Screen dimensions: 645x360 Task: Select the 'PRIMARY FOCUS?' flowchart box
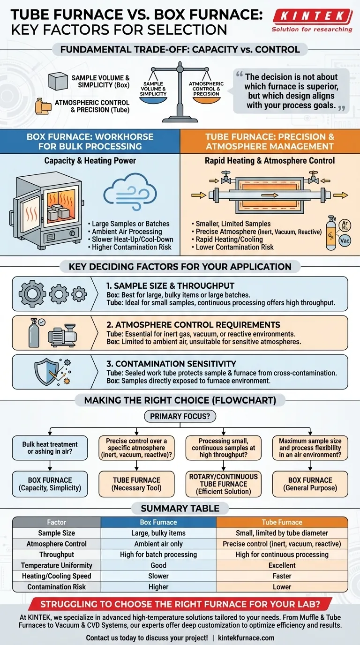point(180,416)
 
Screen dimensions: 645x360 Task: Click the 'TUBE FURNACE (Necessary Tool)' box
point(136,484)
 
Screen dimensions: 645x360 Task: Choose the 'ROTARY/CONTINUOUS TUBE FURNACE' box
point(223,484)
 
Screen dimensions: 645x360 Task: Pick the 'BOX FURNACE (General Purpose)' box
point(310,484)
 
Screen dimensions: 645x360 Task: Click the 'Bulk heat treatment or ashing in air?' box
point(50,448)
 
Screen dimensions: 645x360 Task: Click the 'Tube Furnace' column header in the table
point(282,522)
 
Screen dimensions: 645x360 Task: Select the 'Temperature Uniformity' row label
point(57,565)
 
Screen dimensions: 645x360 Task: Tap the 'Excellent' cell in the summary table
point(282,565)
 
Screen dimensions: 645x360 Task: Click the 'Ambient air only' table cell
point(158,544)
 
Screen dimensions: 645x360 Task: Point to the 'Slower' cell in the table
point(158,576)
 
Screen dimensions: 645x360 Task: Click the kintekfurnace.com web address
point(247,637)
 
